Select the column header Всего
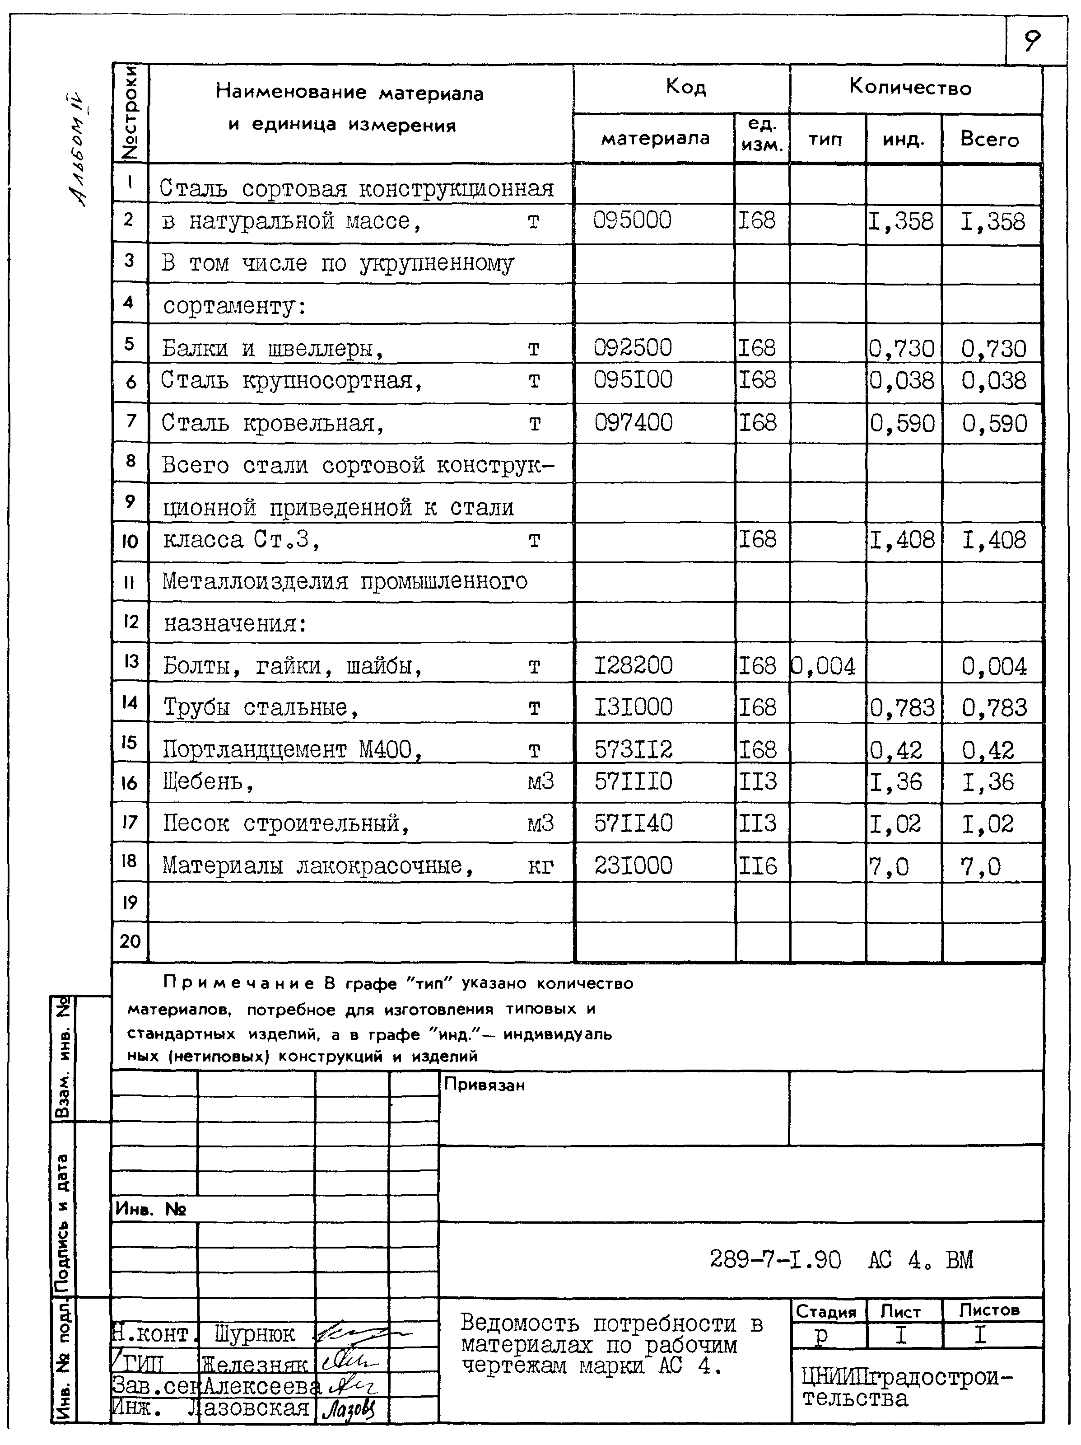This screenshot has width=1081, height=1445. (989, 139)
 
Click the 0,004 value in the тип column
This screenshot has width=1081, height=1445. (823, 666)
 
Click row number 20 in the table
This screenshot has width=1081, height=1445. (130, 941)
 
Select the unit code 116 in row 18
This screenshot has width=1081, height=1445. (758, 866)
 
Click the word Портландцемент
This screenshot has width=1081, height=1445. (254, 749)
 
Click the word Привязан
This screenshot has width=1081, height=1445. (484, 1085)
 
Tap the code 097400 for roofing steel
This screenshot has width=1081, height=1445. (633, 423)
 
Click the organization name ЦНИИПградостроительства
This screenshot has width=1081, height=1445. (907, 1388)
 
